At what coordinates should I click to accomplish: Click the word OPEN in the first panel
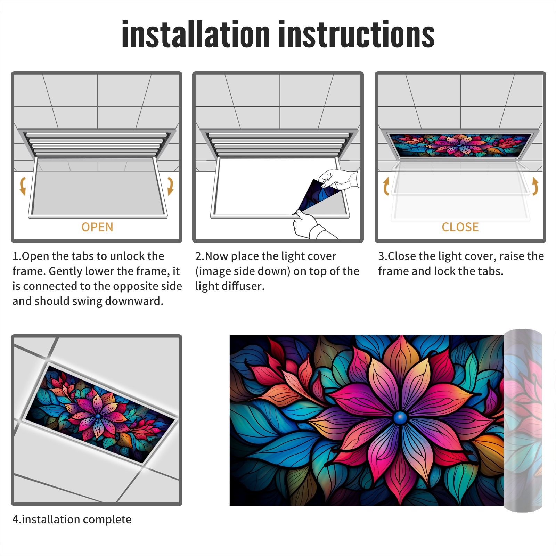coord(97,227)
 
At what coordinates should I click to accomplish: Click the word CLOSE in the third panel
coord(460,227)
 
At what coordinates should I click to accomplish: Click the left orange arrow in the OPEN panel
coord(23,186)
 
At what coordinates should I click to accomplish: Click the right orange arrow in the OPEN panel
coord(170,186)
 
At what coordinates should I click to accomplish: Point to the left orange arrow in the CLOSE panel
coord(386,186)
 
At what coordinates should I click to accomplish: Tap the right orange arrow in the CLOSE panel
coord(535,186)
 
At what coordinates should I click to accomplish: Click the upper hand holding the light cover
coord(339,179)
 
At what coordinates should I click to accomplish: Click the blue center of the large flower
coord(400,417)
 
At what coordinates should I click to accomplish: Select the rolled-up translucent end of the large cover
coord(523,420)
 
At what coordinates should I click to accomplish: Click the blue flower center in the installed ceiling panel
coord(98,416)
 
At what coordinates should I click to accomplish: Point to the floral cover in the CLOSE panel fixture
coord(460,146)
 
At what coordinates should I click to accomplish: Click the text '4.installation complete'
coord(72,520)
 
